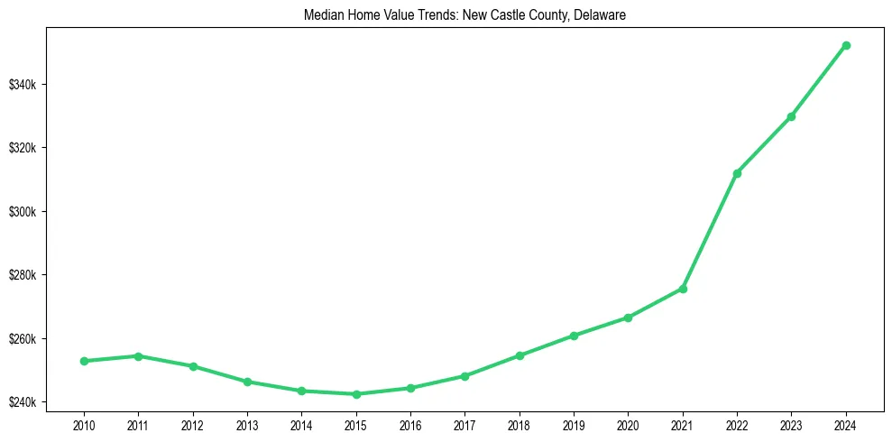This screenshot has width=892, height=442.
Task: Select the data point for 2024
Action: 846,45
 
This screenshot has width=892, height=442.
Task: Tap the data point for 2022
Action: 737,173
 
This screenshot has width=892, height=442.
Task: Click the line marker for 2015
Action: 356,394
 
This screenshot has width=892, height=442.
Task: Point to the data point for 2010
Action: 84,361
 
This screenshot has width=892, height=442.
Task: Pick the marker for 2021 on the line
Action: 683,289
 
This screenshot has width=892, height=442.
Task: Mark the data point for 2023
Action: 791,116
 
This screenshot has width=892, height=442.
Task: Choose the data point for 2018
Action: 520,355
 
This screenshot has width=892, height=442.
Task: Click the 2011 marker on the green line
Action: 138,356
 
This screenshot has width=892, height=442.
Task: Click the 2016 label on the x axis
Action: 410,424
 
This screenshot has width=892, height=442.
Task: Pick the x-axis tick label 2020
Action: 628,424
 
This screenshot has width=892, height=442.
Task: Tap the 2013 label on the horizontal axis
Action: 247,424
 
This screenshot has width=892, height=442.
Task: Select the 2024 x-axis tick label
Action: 846,424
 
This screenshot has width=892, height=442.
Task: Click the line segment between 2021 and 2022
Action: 710,231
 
